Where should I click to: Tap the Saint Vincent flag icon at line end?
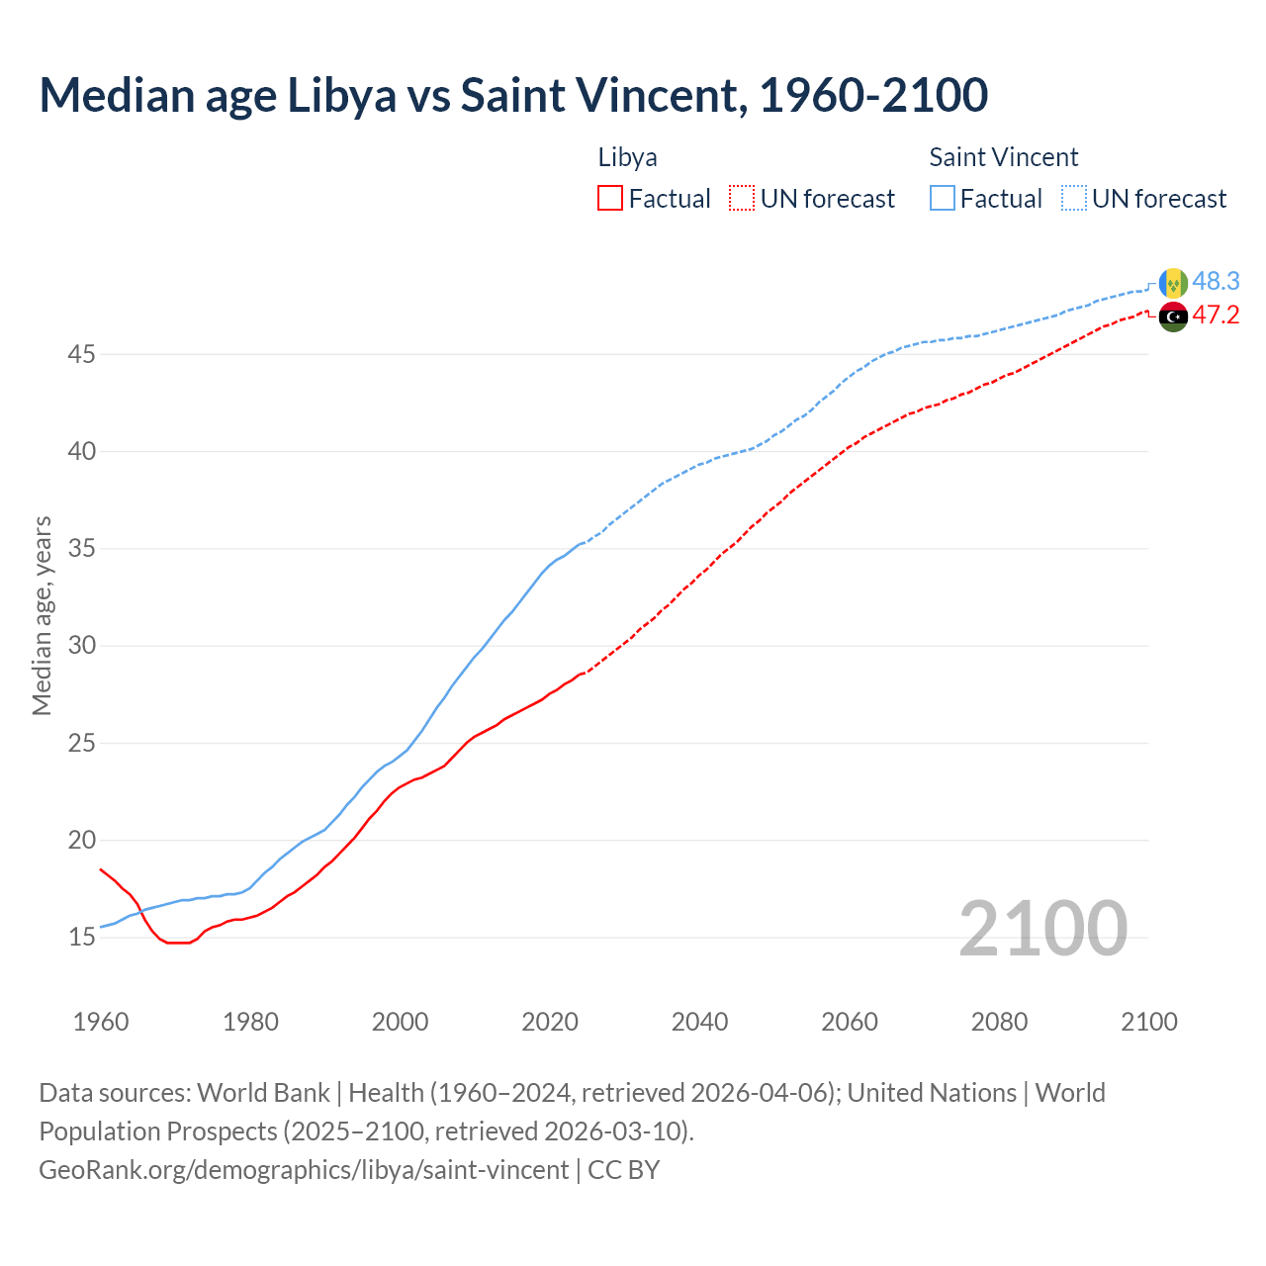pyautogui.click(x=1173, y=283)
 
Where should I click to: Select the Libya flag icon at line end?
pyautogui.click(x=1173, y=316)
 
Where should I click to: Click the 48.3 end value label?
pyautogui.click(x=1216, y=282)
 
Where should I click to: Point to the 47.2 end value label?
pyautogui.click(x=1216, y=316)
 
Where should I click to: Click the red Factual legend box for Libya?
pyautogui.click(x=610, y=199)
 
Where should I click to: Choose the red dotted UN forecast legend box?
pyautogui.click(x=742, y=199)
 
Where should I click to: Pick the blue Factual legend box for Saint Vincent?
pyautogui.click(x=943, y=199)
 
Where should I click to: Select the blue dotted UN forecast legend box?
pyautogui.click(x=1074, y=199)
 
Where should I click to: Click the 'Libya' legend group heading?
pyautogui.click(x=627, y=157)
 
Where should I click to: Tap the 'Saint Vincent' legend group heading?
pyautogui.click(x=1003, y=157)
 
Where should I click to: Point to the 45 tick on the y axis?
pyautogui.click(x=81, y=354)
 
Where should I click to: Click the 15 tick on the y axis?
pyautogui.click(x=81, y=937)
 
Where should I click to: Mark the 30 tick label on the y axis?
pyautogui.click(x=81, y=646)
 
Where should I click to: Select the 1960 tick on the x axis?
pyautogui.click(x=101, y=1022)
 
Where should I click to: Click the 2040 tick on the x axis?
pyautogui.click(x=699, y=1022)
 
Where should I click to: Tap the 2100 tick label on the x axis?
pyautogui.click(x=1148, y=1022)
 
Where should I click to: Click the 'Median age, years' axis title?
pyautogui.click(x=42, y=615)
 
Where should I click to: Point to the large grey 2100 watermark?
pyautogui.click(x=1042, y=928)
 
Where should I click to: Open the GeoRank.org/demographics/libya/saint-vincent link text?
pyautogui.click(x=304, y=1170)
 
